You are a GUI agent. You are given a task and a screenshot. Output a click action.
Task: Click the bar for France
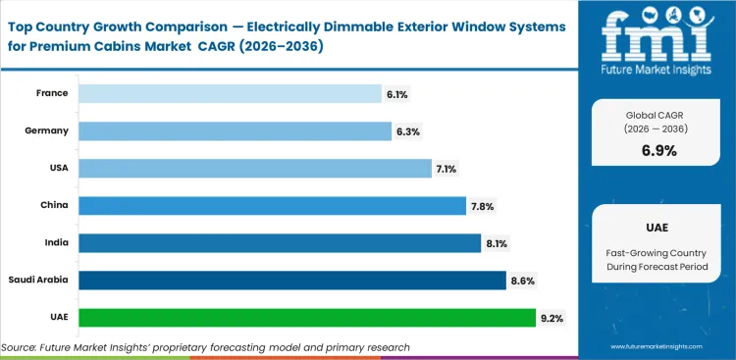coord(230,93)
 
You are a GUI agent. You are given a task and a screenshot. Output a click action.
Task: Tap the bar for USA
coord(254,169)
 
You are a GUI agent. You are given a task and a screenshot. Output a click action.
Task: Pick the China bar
coord(272,205)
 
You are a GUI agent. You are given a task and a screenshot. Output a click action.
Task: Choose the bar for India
coord(280,242)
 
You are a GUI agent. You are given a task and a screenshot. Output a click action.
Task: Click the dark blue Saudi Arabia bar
coord(291,280)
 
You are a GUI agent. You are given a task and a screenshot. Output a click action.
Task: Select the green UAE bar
coord(307,317)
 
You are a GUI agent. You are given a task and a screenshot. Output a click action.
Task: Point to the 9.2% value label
coord(551,317)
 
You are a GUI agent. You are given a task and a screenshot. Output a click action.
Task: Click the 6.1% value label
coord(396,93)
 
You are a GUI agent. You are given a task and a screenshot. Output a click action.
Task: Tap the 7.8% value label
coord(481,205)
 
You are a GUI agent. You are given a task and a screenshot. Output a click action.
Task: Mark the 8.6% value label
coord(521,280)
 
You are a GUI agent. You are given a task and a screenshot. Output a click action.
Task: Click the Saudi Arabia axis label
coord(39,280)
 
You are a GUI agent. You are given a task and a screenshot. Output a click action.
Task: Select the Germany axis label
coord(49,130)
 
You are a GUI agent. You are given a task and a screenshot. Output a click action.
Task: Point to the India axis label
coord(57,242)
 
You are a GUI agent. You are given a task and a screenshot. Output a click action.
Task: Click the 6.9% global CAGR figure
coord(658,150)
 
